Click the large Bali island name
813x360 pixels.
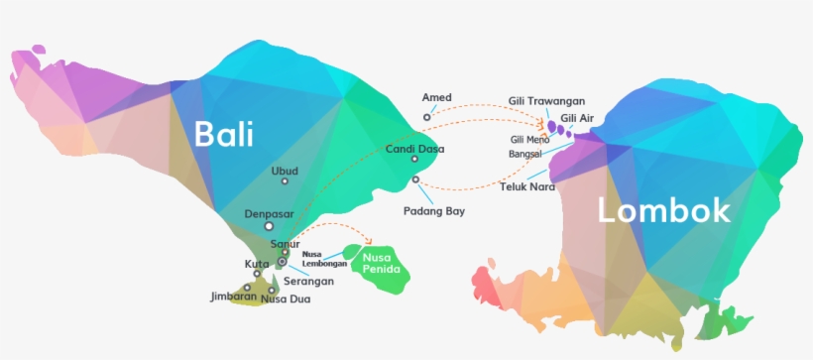(223, 134)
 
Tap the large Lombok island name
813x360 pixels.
(663, 210)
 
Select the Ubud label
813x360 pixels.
(284, 171)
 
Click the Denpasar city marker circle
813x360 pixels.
(268, 226)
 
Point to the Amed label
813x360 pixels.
(436, 97)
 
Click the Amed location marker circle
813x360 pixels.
(427, 117)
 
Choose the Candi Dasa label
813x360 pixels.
(414, 149)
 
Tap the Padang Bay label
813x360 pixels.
(433, 211)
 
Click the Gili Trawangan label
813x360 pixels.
(546, 101)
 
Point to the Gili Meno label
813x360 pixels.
(529, 140)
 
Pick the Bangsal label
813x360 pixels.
(526, 155)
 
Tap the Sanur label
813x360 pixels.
(285, 244)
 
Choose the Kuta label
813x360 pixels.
(256, 264)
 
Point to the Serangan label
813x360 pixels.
(307, 282)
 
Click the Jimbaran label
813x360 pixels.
(233, 297)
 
